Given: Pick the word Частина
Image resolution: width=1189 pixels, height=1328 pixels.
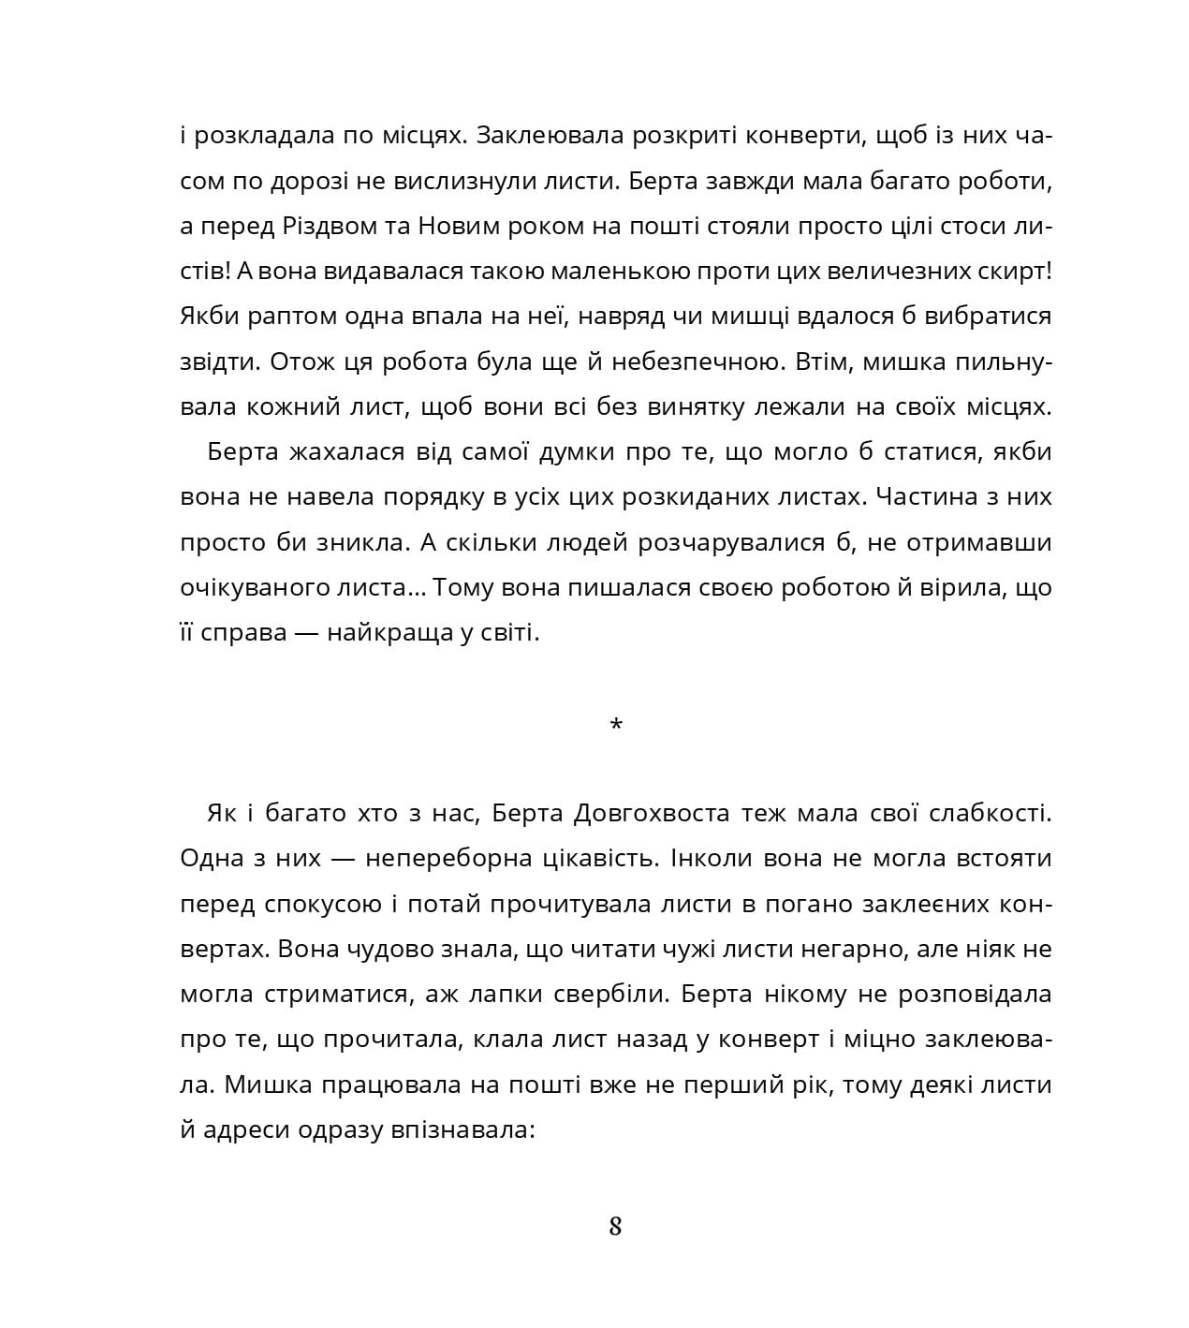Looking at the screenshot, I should tap(931, 497).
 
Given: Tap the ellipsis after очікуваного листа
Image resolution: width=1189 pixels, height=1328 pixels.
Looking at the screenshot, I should tap(418, 590).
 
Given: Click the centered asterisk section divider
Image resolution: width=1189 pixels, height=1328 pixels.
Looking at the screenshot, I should tap(615, 725).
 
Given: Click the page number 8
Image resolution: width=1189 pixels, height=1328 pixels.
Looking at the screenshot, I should tap(615, 1226).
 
